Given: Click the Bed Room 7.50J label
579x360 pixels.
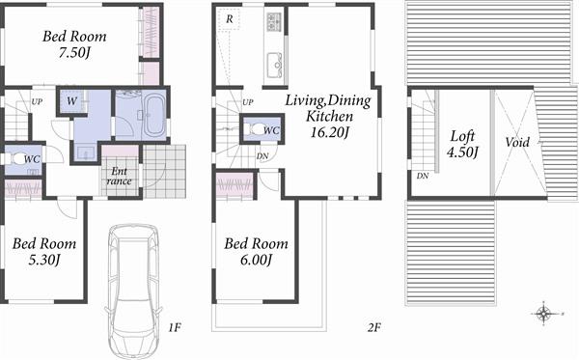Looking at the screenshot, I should (x=73, y=44).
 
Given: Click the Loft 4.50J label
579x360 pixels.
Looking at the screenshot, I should (x=463, y=144).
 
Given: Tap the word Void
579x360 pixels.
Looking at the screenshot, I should (x=518, y=142).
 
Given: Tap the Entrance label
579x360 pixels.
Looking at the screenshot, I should (x=119, y=176).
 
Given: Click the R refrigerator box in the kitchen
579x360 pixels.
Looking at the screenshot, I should (x=229, y=19).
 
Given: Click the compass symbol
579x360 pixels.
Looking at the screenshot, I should (x=544, y=313).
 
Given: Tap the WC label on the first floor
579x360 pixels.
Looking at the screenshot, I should (x=31, y=159).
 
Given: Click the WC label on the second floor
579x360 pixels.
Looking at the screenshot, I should (x=271, y=129).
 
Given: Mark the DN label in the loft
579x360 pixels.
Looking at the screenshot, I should (x=423, y=176).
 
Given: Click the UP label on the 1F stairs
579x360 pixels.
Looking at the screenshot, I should (x=37, y=101).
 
